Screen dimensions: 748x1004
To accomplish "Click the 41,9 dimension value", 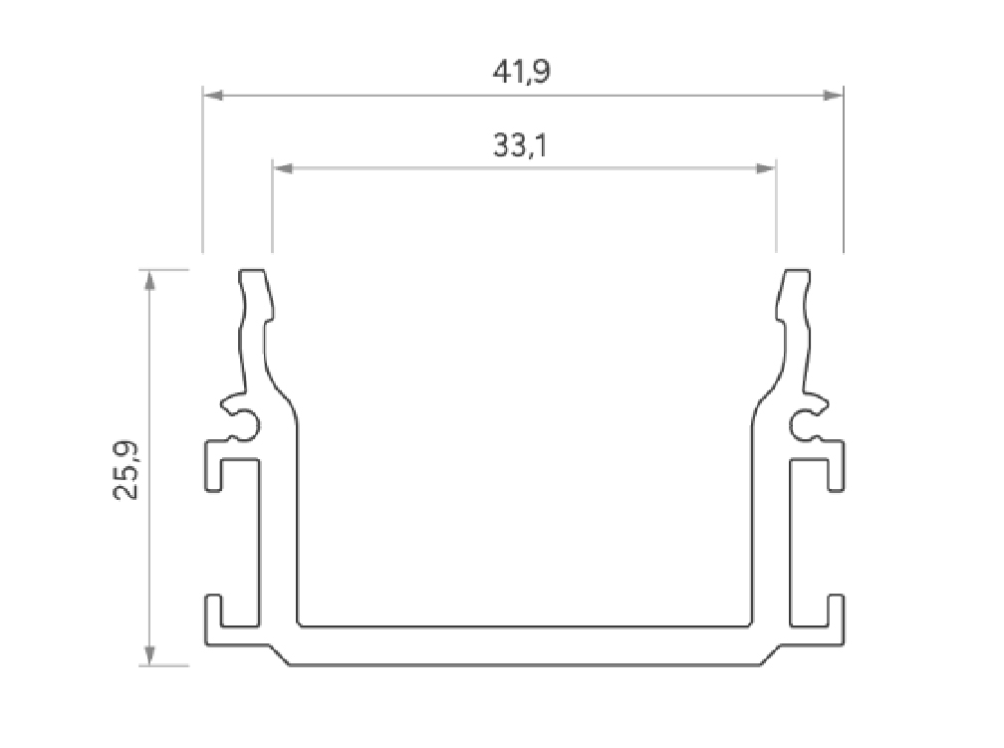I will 523,73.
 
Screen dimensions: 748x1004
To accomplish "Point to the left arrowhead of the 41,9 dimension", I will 211,96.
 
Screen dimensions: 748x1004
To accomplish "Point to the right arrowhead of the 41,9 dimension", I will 835,96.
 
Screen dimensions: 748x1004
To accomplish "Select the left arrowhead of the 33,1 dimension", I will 281,168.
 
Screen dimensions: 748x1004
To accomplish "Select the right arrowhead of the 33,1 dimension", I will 767,168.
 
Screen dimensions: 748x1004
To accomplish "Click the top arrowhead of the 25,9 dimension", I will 149,278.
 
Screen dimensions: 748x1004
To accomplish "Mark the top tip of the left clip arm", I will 253,271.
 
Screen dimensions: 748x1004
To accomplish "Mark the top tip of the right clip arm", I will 794,271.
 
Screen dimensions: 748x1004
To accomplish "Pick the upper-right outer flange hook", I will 835,464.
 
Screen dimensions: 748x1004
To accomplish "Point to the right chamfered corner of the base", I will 770,656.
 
